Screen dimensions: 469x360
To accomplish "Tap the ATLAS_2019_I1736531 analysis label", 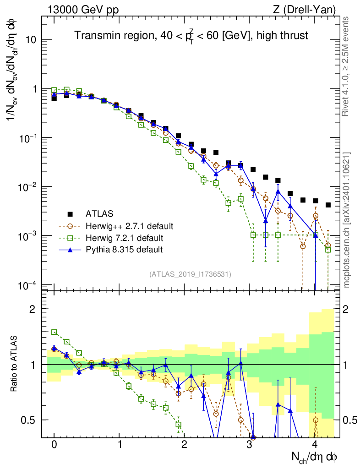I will pyautogui.click(x=190, y=274).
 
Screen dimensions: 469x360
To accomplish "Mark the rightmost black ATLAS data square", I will pyautogui.click(x=328, y=205).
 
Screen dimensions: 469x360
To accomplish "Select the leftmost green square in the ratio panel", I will pyautogui.click(x=54, y=332).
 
